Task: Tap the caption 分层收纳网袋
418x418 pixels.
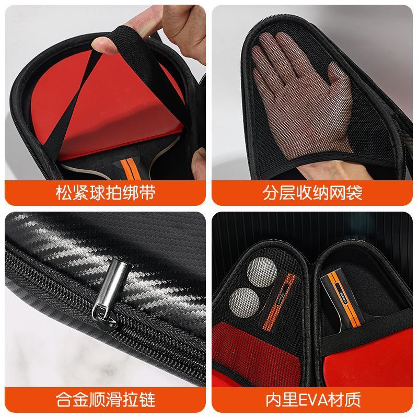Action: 313,193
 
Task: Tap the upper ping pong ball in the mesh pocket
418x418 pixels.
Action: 260,271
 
